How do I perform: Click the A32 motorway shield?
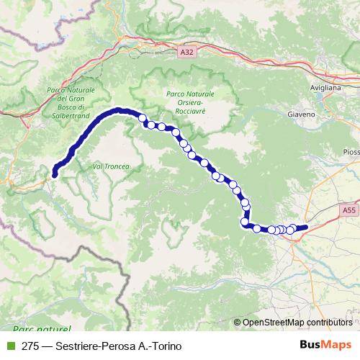[188, 52]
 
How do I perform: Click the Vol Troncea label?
[111, 166]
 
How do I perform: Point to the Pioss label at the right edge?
[351, 152]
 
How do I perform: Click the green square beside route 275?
[10, 346]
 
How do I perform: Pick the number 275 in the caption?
[30, 346]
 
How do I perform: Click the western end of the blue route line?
[55, 171]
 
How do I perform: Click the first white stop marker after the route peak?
[142, 118]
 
